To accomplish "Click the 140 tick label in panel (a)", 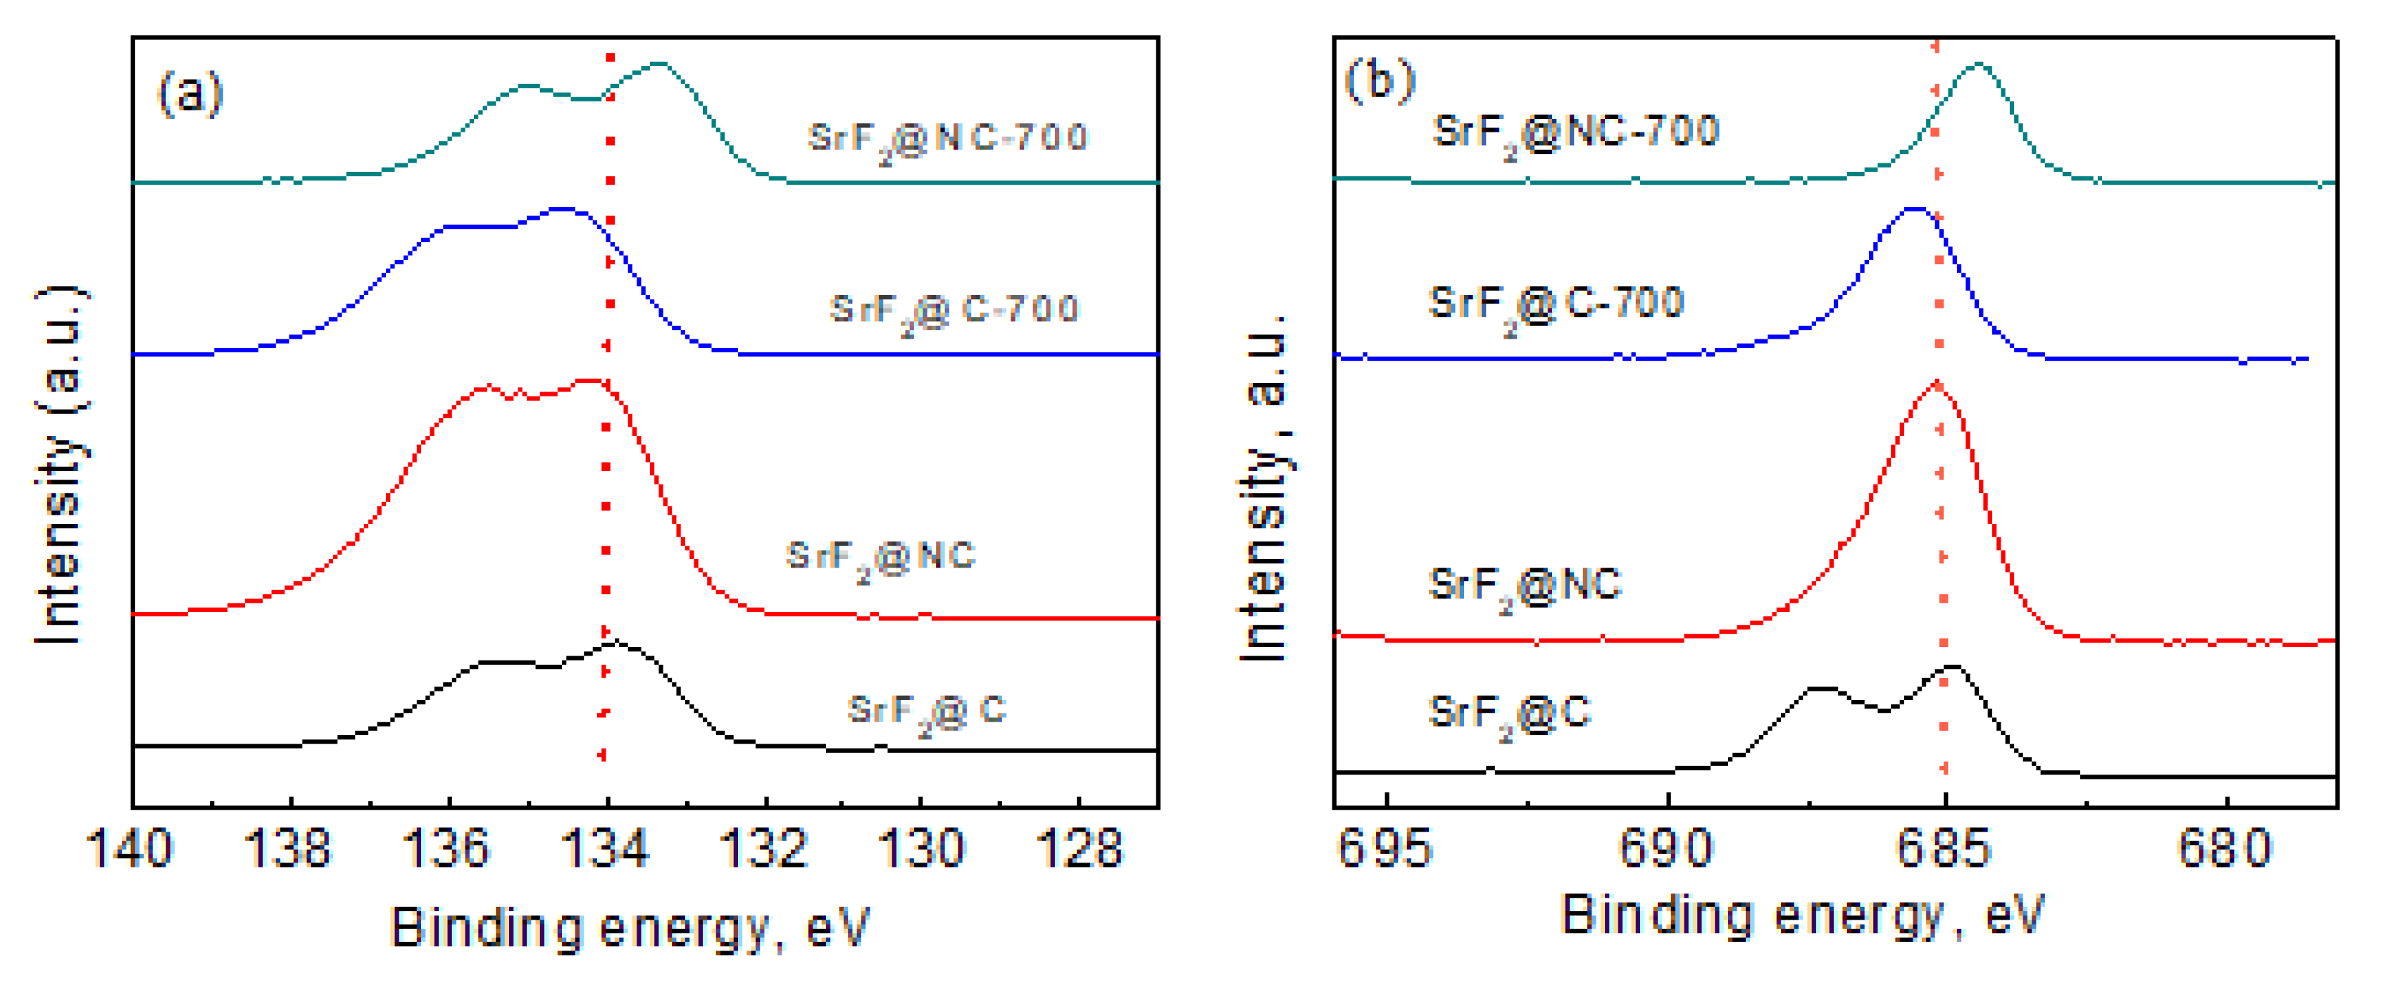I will click(129, 848).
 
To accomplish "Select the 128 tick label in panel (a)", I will click(1081, 848).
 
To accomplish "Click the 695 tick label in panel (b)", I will click(1385, 848).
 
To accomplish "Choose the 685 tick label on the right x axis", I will click(1944, 848).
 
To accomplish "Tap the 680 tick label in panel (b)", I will click(2225, 848).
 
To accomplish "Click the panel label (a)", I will click(191, 93).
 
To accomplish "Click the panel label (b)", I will click(1380, 81).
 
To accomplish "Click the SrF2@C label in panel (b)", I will click(1509, 715).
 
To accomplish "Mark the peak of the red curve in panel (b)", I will click(1936, 383).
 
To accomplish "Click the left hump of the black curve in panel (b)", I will click(1820, 689).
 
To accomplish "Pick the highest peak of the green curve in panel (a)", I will click(659, 64).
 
